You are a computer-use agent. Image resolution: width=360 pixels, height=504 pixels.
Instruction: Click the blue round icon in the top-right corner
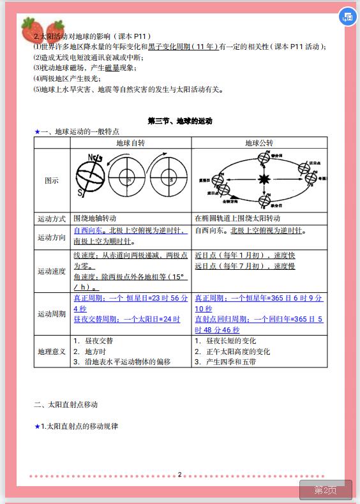click(x=347, y=17)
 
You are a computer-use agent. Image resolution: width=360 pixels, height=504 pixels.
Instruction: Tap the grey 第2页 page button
click(x=326, y=489)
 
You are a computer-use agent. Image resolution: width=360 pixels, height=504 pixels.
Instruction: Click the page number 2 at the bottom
click(x=179, y=474)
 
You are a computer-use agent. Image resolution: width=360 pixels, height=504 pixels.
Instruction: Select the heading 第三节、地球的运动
click(x=179, y=121)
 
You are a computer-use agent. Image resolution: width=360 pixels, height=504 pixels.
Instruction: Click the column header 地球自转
click(x=130, y=143)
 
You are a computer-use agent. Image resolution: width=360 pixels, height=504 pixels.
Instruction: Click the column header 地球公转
click(x=259, y=143)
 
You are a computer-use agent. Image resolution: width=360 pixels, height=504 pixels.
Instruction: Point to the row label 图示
click(x=52, y=181)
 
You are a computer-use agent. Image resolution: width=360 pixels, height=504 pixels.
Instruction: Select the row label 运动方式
click(x=52, y=219)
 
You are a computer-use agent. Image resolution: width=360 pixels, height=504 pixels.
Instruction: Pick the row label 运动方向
click(x=52, y=237)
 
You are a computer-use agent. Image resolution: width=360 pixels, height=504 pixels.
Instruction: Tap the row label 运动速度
click(x=52, y=271)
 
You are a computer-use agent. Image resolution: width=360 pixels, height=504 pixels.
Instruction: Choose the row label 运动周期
click(x=52, y=313)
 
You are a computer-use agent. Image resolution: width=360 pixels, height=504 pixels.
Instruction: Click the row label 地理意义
click(x=52, y=352)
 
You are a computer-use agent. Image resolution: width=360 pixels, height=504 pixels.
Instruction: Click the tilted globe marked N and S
click(x=90, y=179)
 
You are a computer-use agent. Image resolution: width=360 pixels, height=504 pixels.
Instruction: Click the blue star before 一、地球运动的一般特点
click(x=37, y=131)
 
